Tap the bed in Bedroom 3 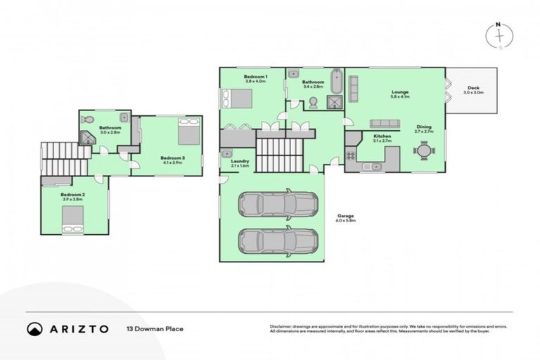click(x=188, y=131)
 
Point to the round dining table click(x=423, y=150)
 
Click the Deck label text click(x=473, y=87)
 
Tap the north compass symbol click(x=500, y=35)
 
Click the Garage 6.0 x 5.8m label click(x=346, y=217)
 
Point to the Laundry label click(x=240, y=162)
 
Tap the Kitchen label click(x=382, y=136)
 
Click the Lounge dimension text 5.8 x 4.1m click(x=399, y=97)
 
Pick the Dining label click(x=423, y=127)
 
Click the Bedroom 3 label click(x=172, y=158)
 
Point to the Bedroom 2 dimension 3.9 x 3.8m click(x=72, y=199)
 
